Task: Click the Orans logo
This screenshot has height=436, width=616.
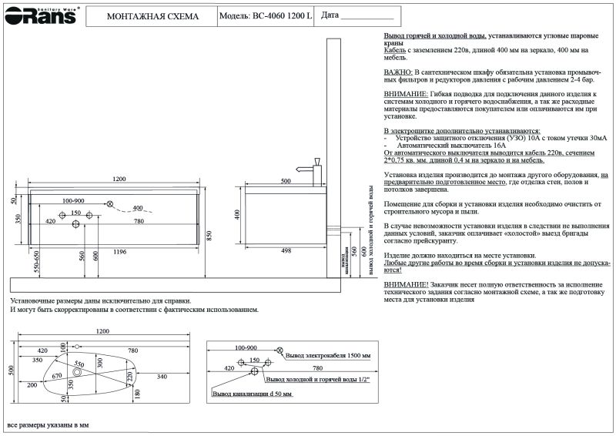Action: click(39, 15)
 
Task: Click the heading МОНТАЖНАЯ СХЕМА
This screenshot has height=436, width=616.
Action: click(152, 16)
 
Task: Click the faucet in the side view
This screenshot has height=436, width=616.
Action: click(314, 170)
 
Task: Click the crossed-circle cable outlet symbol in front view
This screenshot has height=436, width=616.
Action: click(110, 203)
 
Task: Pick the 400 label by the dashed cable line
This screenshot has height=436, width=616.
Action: click(138, 209)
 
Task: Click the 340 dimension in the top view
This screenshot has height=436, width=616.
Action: click(162, 377)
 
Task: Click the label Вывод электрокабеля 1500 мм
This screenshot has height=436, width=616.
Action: click(328, 357)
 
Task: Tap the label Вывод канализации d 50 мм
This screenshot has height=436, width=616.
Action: click(253, 394)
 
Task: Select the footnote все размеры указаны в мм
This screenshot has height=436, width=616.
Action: click(48, 424)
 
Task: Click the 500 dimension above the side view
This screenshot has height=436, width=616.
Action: click(286, 180)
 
